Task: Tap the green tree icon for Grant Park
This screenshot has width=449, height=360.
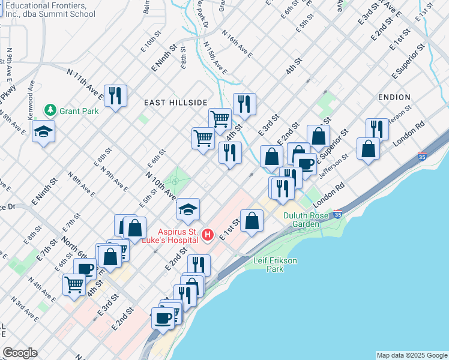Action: pos(50,110)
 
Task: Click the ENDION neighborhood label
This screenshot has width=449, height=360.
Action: pos(394,97)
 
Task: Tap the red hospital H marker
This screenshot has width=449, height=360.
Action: pos(207,234)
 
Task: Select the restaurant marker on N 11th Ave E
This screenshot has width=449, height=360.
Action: pos(113,95)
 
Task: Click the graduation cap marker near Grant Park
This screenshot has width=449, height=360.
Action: pos(43,131)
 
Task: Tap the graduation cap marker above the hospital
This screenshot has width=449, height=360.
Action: pos(188,209)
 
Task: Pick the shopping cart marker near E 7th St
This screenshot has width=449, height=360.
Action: pos(74,284)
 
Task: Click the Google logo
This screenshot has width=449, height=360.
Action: pos(20,353)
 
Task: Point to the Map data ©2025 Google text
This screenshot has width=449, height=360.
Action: pos(411,355)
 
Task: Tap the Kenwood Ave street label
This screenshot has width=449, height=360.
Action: pos(31,99)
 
